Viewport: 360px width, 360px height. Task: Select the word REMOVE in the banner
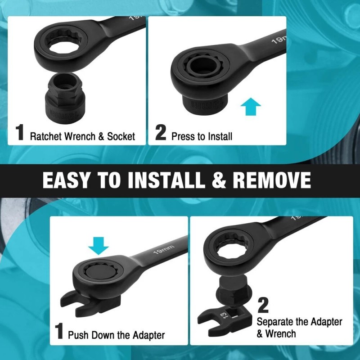(x=271, y=180)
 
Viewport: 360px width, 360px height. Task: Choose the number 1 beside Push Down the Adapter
(x=59, y=331)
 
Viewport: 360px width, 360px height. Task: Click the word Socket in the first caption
(x=121, y=136)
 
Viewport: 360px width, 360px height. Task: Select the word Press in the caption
(x=183, y=136)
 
